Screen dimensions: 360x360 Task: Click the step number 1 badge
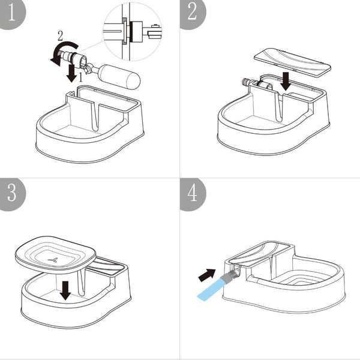tap(11, 12)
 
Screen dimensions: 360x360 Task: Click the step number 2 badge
tap(191, 12)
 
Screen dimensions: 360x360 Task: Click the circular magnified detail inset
tap(133, 30)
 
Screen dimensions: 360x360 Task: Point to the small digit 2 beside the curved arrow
tap(59, 36)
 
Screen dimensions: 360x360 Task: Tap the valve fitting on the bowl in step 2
tap(248, 83)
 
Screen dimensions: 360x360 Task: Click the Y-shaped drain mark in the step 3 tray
tap(54, 259)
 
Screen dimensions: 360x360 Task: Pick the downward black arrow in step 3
tap(65, 290)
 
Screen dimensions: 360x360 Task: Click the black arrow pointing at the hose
tap(206, 275)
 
